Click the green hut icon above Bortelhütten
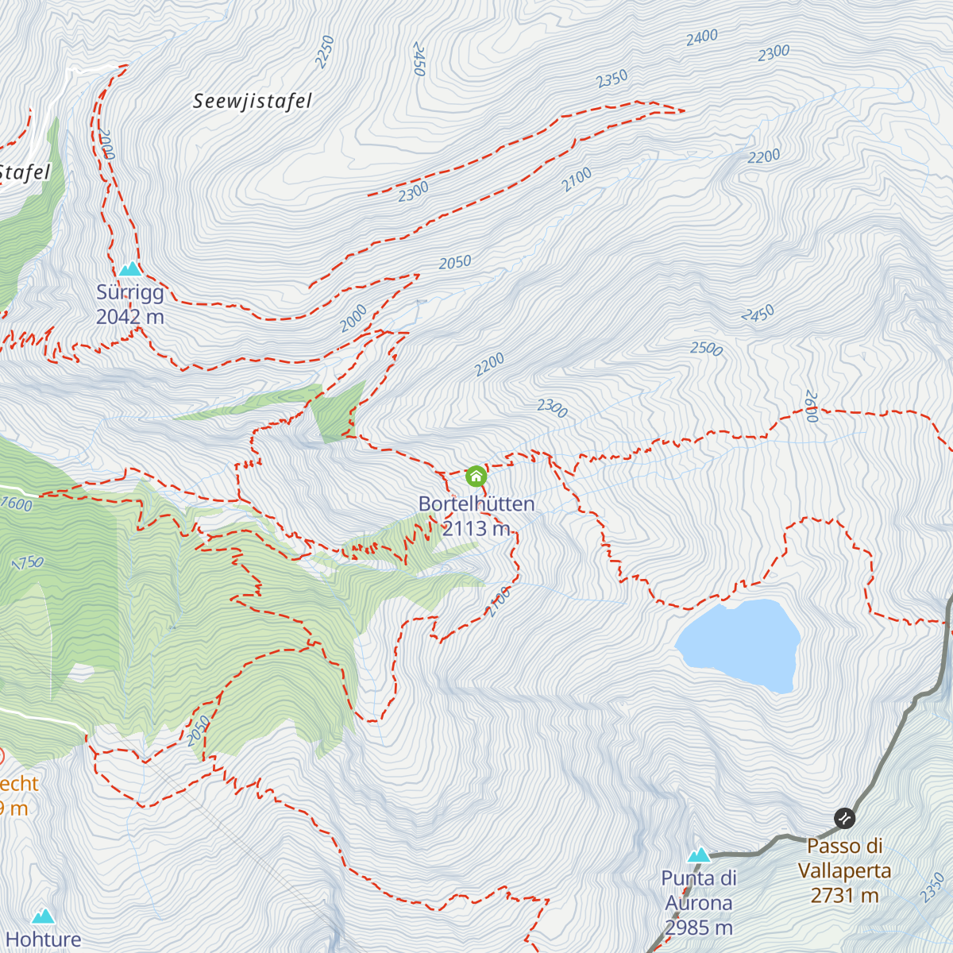pos(476,476)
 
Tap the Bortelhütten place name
pos(476,504)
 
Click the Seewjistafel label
pos(253,101)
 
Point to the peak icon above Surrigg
pos(129,268)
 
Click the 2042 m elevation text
pos(130,317)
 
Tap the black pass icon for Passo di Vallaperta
pos(844,817)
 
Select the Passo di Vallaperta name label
pos(844,858)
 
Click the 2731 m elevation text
pos(844,896)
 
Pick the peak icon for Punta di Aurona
pos(699,855)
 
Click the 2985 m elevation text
pos(699,928)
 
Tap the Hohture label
pos(44,939)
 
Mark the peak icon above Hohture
pos(44,916)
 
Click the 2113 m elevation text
pos(476,528)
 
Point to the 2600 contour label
pos(811,406)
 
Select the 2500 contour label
pos(706,349)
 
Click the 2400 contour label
pos(702,37)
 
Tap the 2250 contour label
pos(324,52)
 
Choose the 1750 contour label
pos(28,562)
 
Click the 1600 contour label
pos(17,504)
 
